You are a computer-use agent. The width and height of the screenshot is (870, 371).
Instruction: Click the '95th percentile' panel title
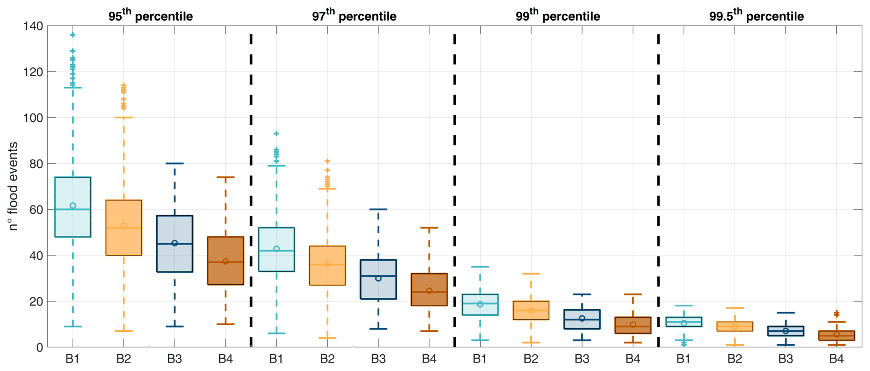tap(150, 16)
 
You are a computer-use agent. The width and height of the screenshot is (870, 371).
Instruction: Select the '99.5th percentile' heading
tap(756, 16)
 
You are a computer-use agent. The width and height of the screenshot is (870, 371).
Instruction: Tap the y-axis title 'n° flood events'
tap(13, 186)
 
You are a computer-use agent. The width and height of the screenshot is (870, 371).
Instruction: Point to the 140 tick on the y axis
tap(34, 26)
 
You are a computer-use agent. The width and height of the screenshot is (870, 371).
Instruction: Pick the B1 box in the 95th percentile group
tap(73, 207)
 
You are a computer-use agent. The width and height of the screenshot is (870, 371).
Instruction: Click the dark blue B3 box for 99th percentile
tap(582, 319)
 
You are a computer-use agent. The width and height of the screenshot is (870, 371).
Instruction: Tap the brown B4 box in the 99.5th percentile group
tap(837, 336)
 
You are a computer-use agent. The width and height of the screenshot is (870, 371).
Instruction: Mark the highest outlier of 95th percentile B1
tap(73, 35)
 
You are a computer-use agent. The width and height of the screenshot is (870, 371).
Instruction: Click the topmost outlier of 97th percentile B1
tap(277, 133)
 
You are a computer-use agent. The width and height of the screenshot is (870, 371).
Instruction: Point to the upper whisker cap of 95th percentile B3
tap(175, 163)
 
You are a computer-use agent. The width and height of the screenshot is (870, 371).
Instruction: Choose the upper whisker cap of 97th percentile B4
tap(429, 228)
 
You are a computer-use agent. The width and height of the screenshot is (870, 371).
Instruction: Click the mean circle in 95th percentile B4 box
tap(226, 262)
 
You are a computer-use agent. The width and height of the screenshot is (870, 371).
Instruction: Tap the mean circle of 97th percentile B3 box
tap(378, 278)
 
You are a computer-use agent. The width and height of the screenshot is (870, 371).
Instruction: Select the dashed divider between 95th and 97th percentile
tap(251, 190)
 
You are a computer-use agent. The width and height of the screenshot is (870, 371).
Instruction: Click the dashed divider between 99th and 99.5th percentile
tap(658, 190)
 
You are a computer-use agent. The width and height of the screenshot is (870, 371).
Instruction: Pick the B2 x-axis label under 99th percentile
tap(531, 359)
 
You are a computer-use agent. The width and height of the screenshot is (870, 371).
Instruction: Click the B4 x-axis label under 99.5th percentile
tap(837, 359)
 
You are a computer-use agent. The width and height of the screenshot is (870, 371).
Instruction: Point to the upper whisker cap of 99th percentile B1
tap(480, 267)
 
